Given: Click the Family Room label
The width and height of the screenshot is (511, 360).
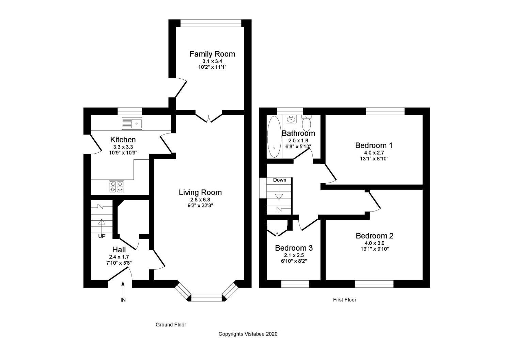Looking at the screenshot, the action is (x=212, y=54).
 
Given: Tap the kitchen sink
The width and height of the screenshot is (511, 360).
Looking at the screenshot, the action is (x=132, y=123).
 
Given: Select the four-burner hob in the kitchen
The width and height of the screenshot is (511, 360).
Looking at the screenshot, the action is (x=117, y=187).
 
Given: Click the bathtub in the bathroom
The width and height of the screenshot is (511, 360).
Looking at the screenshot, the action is (x=274, y=137).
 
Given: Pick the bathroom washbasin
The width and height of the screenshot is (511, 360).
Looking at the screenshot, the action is (x=291, y=119).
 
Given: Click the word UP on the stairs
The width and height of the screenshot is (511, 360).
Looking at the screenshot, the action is (x=102, y=236).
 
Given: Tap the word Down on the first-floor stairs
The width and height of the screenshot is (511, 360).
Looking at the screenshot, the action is (x=279, y=180).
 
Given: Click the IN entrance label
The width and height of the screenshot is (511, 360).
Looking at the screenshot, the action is (x=123, y=300).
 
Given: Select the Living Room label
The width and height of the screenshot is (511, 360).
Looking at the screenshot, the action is (x=200, y=192).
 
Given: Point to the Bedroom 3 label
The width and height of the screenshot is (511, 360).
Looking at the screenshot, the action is (x=294, y=248).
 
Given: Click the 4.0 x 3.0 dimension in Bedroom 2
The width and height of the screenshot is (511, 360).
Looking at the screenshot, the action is (x=374, y=243).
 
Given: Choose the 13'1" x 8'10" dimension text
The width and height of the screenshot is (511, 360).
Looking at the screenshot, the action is (x=374, y=159).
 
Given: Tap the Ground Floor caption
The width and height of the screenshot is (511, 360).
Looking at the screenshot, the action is (x=171, y=325).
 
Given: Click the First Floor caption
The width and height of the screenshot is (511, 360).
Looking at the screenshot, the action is (x=344, y=300).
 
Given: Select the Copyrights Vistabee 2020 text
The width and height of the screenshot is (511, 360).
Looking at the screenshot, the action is (x=248, y=334).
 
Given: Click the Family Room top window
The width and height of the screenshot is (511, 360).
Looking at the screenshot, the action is (x=211, y=23).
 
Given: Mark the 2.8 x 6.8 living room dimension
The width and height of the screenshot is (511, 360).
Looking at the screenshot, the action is (x=200, y=200).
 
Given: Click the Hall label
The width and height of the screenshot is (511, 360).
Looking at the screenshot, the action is (x=119, y=250).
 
